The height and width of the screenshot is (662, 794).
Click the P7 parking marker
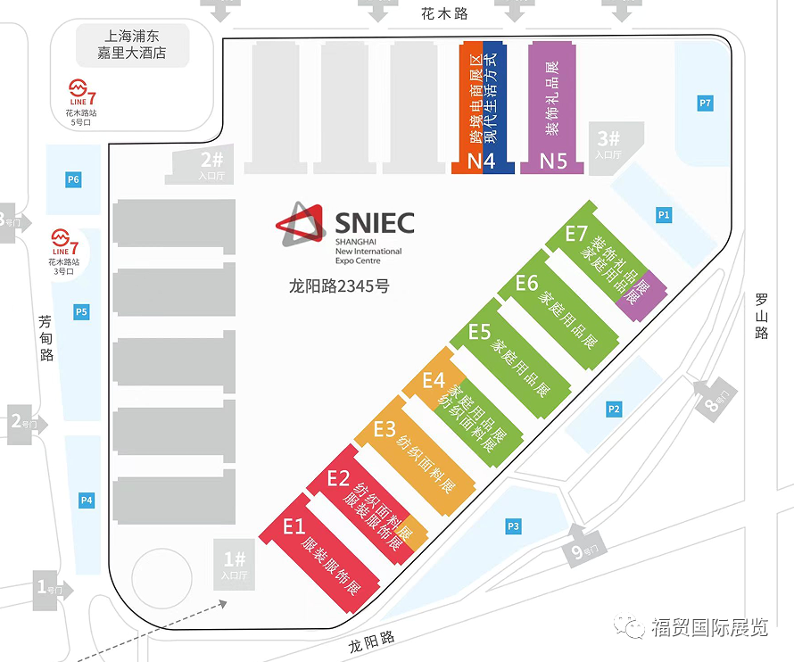[x=705, y=103]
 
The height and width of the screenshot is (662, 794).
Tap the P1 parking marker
[x=663, y=215]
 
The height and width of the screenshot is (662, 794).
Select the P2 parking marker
[x=613, y=409]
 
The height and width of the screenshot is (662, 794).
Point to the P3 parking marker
[x=512, y=526]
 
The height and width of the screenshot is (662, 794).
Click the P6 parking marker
[x=73, y=180]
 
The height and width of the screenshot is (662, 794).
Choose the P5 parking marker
[x=81, y=311]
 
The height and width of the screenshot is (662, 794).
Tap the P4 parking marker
[x=87, y=501]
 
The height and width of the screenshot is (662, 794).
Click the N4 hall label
[x=481, y=161]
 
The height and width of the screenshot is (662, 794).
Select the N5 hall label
[x=553, y=161]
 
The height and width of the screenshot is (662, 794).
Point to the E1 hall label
[x=294, y=526]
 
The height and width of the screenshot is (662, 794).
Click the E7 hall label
[x=576, y=235]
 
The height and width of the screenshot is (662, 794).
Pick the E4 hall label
[x=434, y=380]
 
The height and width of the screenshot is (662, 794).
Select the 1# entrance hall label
[x=234, y=563]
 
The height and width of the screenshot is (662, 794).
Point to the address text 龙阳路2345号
[x=339, y=286]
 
